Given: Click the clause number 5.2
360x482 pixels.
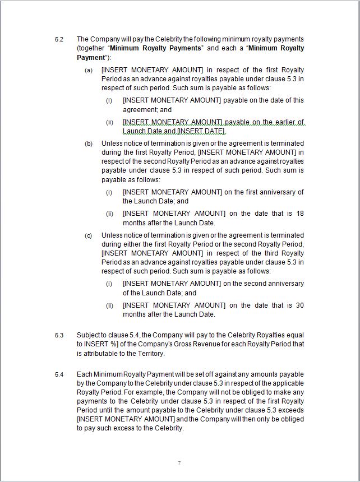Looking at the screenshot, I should [59, 39].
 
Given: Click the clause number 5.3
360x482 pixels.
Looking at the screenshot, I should [59, 335].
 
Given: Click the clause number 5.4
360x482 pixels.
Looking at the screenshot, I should [59, 374].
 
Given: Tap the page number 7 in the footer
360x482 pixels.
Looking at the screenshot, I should [179, 463].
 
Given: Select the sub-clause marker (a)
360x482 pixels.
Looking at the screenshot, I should [89, 70].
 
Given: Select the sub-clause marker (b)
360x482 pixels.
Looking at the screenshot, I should [89, 143].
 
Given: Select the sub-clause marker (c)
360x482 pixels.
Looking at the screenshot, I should [89, 235].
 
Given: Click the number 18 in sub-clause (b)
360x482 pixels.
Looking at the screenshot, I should [299, 214].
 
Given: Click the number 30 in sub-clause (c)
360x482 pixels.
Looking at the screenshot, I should [299, 305].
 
